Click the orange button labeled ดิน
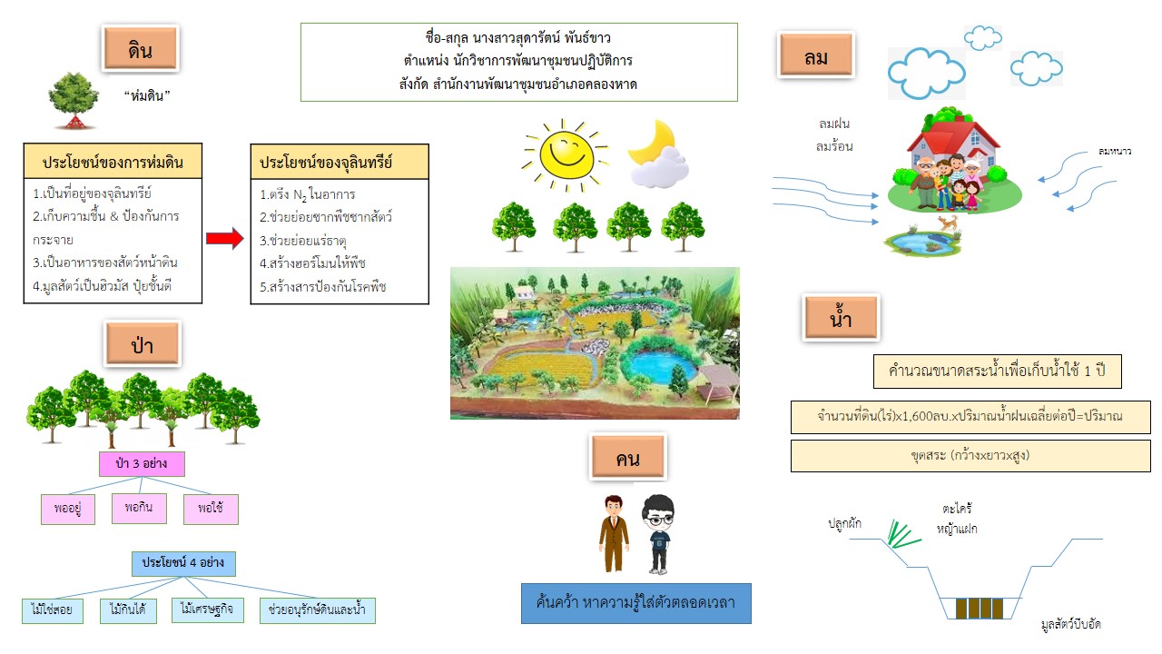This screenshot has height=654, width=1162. [141, 48]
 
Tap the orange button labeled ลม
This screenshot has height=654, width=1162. [816, 55]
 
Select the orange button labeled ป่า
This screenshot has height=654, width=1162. [143, 343]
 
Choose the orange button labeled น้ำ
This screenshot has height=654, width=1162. [841, 317]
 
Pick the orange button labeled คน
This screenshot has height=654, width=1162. [628, 456]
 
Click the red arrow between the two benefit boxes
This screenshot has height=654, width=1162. [224, 238]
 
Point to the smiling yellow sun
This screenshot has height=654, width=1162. [566, 154]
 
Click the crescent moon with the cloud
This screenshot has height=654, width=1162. [657, 154]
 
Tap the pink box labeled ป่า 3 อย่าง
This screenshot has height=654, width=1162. [142, 463]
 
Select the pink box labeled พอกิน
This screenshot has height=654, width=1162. [139, 508]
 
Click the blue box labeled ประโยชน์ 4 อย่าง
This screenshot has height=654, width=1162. [183, 564]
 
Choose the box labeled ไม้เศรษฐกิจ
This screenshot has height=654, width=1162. [206, 609]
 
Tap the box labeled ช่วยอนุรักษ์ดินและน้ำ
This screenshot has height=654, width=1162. [317, 609]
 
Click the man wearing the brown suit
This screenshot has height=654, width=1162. [614, 533]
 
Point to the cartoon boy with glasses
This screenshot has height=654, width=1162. [658, 534]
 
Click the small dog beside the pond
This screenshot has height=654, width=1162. [948, 223]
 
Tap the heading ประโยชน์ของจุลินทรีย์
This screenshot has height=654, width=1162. [326, 163]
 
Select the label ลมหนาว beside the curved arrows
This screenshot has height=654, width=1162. [1114, 151]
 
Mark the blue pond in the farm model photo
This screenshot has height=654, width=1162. [659, 365]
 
